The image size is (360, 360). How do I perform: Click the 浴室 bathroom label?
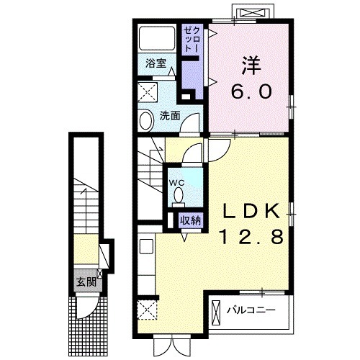(x=156, y=63)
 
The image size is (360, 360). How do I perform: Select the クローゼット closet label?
(x=192, y=40)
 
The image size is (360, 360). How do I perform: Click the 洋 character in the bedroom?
(x=251, y=66)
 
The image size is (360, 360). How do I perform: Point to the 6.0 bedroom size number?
(x=251, y=91)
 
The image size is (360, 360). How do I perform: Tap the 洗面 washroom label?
(x=170, y=116)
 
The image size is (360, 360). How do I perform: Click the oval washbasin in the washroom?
(x=146, y=121)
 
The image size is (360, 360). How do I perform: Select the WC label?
(x=177, y=183)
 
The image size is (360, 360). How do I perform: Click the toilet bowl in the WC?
(x=178, y=194)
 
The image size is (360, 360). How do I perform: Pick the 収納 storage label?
(x=191, y=220)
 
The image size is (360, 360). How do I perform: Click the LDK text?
(x=251, y=210)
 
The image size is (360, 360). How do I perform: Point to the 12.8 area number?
(x=251, y=236)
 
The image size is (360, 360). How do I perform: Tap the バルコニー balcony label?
(x=251, y=310)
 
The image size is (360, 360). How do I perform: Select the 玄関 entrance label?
(x=86, y=282)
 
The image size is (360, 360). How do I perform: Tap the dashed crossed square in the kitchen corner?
(x=148, y=310)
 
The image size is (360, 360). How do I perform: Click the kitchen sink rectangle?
(x=146, y=246)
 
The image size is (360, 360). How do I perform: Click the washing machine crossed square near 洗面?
(x=148, y=92)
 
